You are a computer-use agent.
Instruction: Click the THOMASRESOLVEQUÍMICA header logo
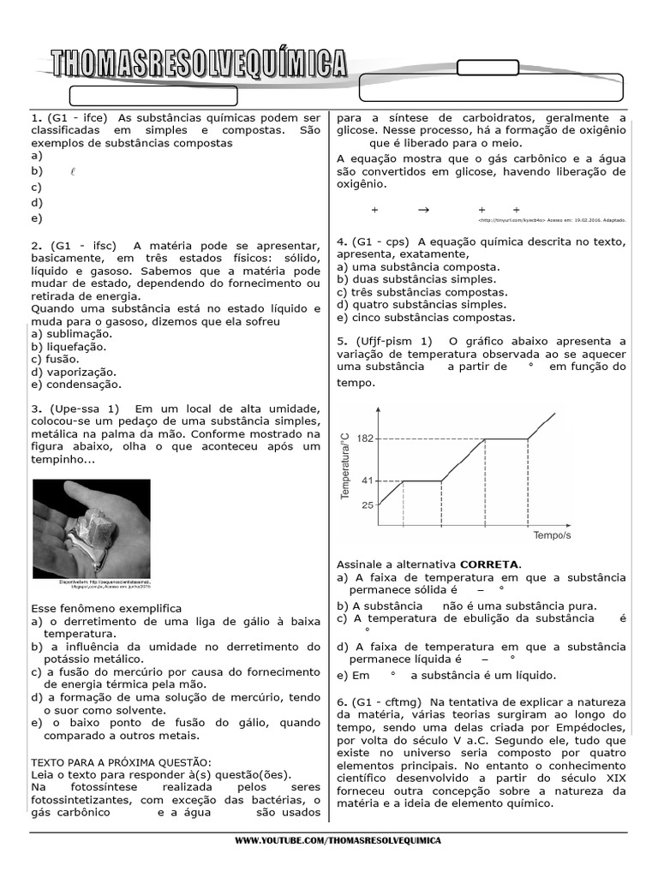click(x=199, y=64)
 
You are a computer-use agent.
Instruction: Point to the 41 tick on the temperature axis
click(x=367, y=480)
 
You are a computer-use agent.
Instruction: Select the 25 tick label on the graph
click(x=367, y=505)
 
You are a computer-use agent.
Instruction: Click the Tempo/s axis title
click(x=552, y=535)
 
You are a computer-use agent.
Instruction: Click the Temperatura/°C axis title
click(x=345, y=466)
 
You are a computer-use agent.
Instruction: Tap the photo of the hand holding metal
click(x=91, y=528)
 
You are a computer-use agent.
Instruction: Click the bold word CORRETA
click(x=489, y=564)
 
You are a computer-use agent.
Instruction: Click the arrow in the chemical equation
click(x=422, y=210)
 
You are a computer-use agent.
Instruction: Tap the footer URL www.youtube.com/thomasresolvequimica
click(x=338, y=841)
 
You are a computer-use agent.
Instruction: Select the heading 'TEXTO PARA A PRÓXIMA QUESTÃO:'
click(x=121, y=762)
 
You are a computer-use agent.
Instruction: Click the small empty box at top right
click(x=482, y=68)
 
